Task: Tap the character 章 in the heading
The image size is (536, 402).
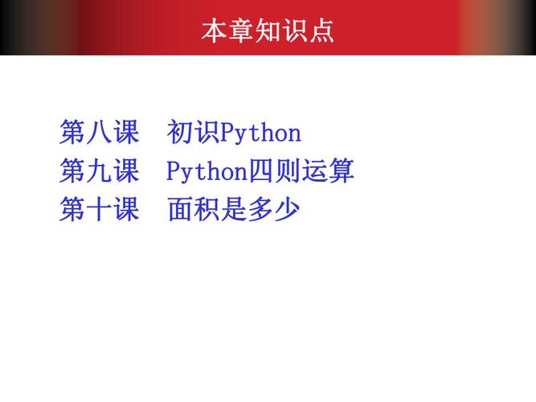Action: point(241,31)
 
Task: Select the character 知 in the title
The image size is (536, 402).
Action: point(268,31)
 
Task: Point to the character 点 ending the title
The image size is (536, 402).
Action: point(321,31)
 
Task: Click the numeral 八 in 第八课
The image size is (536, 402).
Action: point(99,132)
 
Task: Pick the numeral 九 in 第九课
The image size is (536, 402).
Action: point(99,171)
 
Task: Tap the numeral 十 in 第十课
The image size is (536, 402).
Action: point(99,210)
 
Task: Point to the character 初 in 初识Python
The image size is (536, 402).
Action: point(181,132)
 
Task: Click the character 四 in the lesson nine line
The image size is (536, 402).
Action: point(261,171)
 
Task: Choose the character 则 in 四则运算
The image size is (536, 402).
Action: point(288,171)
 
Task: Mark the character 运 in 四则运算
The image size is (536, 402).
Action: point(314,171)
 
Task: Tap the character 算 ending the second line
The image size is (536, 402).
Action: point(342,171)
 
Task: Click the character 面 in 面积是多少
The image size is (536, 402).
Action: point(181,210)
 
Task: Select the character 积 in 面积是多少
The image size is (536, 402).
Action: point(207,210)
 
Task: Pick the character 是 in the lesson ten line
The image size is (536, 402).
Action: point(234,210)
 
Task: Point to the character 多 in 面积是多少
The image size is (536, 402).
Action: point(260,210)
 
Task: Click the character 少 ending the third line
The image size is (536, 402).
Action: point(287,210)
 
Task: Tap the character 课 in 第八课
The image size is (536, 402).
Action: point(126,132)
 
